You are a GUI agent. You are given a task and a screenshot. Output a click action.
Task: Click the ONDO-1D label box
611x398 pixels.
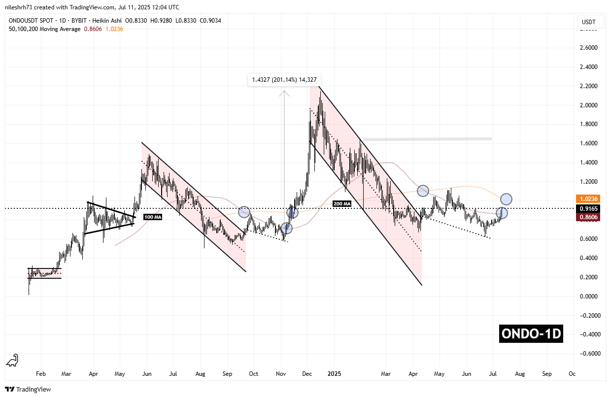[530, 334]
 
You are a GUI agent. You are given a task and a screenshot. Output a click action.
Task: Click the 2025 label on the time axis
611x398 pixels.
[333, 374]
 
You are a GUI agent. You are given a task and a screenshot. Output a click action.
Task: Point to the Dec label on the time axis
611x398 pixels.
[307, 374]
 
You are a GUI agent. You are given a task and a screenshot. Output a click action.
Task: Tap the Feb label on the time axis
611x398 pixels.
[41, 374]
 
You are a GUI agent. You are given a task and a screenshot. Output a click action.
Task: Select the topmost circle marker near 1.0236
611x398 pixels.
[506, 199]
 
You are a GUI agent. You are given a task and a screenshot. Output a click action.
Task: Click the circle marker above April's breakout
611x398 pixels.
[423, 190]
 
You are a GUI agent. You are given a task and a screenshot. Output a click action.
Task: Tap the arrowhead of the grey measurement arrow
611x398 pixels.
[284, 92]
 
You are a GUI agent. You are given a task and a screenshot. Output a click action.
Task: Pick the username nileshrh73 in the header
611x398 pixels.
[21, 7]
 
